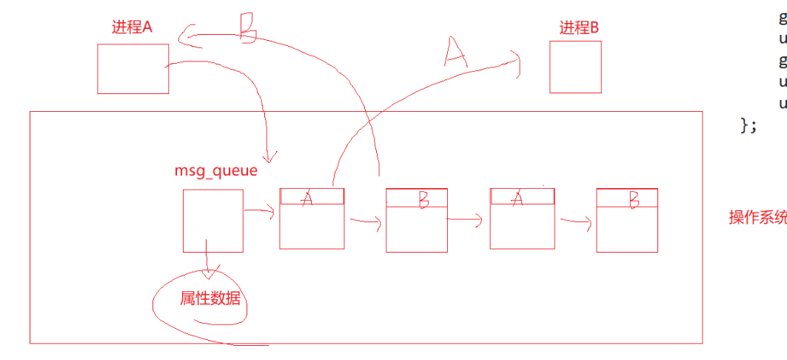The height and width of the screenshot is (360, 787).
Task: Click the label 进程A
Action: pos(132,27)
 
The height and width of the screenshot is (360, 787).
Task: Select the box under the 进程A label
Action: pos(133,68)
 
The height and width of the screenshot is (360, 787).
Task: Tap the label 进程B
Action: pos(578,28)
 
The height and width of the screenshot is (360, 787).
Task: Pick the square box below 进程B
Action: pos(575,67)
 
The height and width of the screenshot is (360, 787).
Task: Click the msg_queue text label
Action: pos(216,170)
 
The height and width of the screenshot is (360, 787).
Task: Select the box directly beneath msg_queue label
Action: pos(213,220)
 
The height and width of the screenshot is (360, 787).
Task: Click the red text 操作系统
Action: pos(757,217)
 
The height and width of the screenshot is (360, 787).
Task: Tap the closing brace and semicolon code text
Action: pos(749,125)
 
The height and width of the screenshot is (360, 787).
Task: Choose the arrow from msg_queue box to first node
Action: pos(259,213)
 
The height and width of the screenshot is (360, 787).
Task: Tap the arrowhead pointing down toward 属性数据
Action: pos(210,273)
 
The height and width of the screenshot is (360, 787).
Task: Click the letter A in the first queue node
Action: pos(307,196)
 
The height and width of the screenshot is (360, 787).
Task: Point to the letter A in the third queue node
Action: pos(518,196)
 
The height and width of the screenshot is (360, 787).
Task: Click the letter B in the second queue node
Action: pos(423,198)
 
